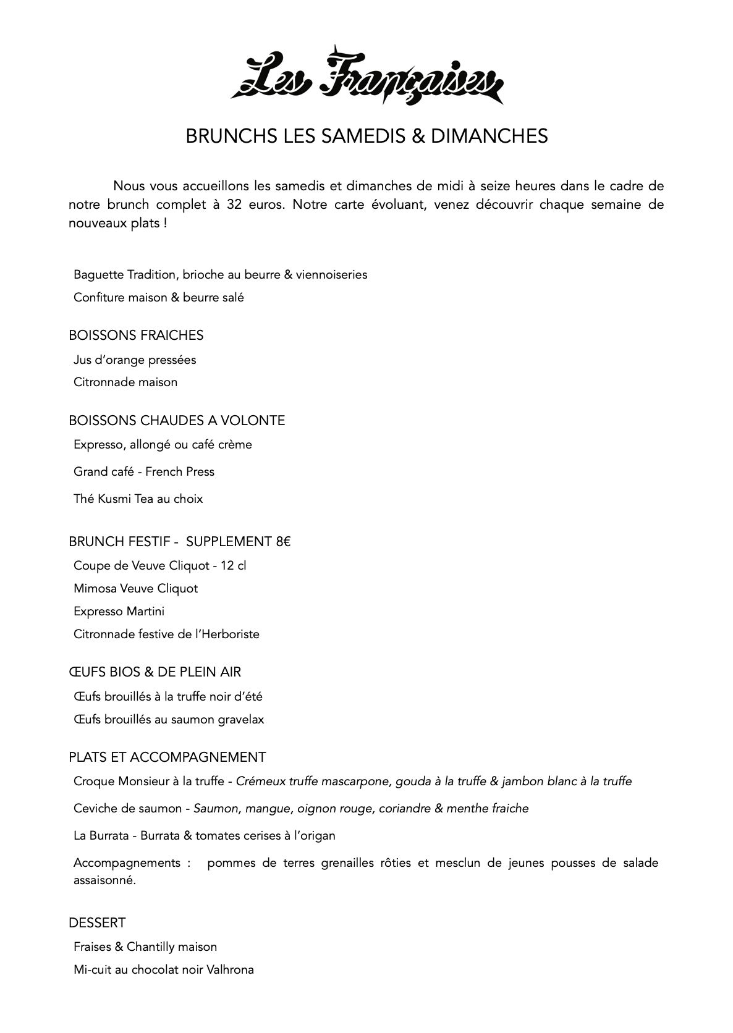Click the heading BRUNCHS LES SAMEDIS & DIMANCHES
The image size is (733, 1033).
366,136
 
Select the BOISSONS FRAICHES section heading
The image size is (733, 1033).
136,335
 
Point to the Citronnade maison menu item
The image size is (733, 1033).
125,382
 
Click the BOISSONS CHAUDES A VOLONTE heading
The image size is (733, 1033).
177,421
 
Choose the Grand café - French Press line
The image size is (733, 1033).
144,472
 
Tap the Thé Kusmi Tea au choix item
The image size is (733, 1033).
138,499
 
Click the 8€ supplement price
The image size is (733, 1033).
283,542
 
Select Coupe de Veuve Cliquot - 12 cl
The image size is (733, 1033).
159,566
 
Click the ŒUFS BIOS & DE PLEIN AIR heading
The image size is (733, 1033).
155,672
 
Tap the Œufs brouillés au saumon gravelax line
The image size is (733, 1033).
169,720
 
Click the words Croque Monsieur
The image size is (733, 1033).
117,782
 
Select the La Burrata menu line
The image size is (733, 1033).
204,836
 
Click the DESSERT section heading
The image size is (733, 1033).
97,923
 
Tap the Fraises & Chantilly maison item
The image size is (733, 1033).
145,947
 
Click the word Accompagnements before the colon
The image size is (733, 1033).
127,863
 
